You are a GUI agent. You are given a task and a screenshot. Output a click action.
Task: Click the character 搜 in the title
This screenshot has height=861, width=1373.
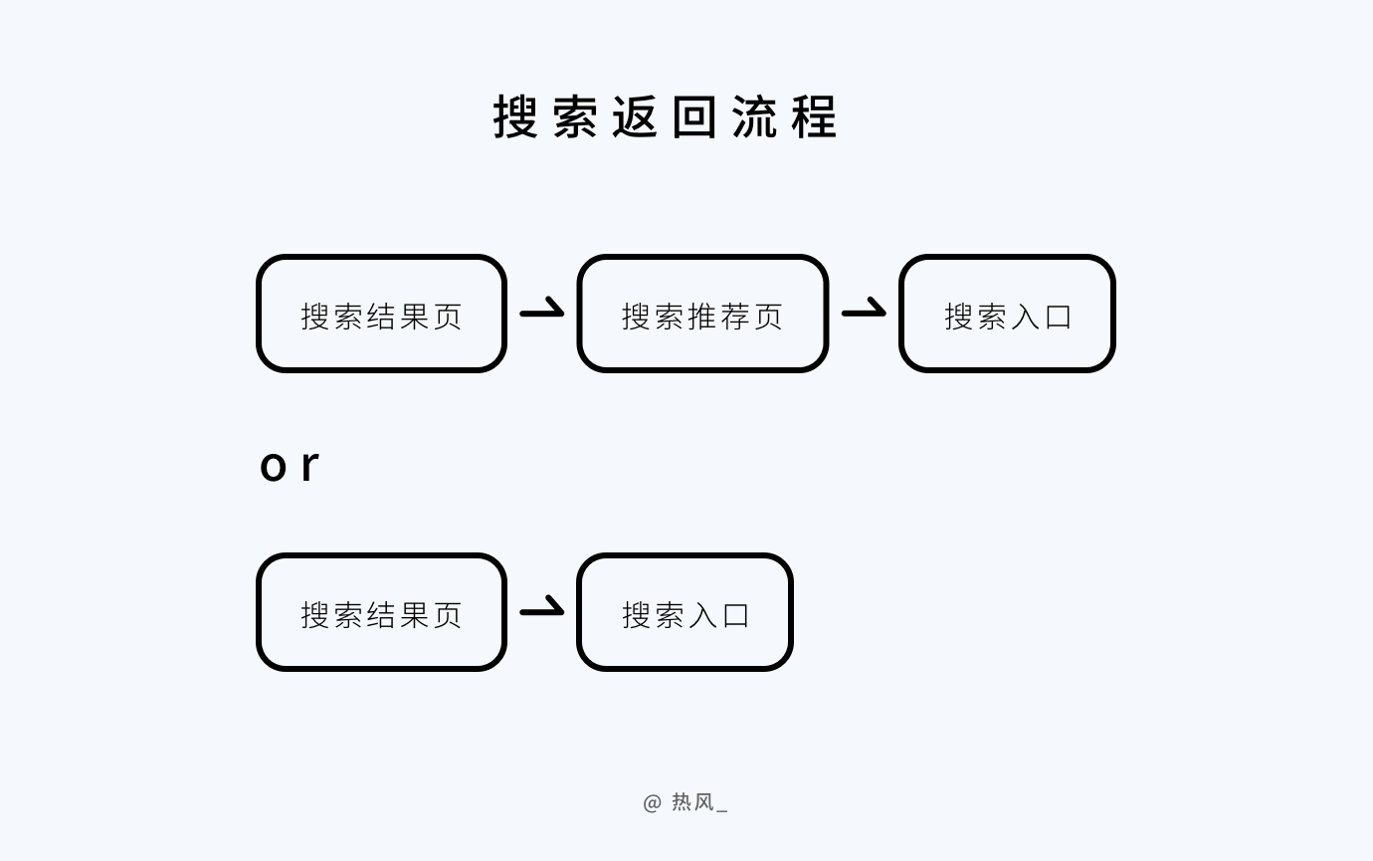(515, 116)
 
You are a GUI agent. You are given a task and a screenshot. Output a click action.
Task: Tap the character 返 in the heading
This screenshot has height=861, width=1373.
(635, 116)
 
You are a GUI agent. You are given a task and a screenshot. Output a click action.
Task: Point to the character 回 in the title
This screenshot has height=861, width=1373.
(694, 116)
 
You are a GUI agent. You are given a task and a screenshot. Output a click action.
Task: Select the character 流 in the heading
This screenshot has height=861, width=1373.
(754, 116)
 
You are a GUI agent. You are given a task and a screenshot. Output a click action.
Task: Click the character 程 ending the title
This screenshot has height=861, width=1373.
(814, 116)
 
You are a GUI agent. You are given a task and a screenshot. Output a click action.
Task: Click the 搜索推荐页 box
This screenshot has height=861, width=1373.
(702, 314)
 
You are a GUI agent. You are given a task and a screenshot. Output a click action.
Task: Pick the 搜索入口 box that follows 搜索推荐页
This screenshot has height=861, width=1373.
(1007, 314)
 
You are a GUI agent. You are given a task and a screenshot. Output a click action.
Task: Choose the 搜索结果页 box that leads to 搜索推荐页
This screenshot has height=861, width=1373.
(381, 314)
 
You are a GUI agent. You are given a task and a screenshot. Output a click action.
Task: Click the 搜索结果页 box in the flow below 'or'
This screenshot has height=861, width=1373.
(381, 612)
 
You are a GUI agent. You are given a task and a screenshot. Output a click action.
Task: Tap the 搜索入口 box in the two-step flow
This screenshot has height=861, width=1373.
(685, 612)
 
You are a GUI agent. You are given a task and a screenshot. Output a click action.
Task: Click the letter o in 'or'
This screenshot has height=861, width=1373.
(273, 467)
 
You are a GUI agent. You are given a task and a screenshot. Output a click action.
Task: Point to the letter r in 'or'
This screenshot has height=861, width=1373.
(310, 466)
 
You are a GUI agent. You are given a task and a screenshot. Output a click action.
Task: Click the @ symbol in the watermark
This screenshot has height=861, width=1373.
(653, 803)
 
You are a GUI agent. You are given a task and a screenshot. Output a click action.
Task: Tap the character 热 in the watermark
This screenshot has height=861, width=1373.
(682, 802)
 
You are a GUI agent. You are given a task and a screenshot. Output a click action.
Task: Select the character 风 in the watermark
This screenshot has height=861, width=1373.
(704, 802)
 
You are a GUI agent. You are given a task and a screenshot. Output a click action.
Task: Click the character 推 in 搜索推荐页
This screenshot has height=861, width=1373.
(702, 317)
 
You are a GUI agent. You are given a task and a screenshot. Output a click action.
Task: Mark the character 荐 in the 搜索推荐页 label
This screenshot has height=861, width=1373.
(735, 317)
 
